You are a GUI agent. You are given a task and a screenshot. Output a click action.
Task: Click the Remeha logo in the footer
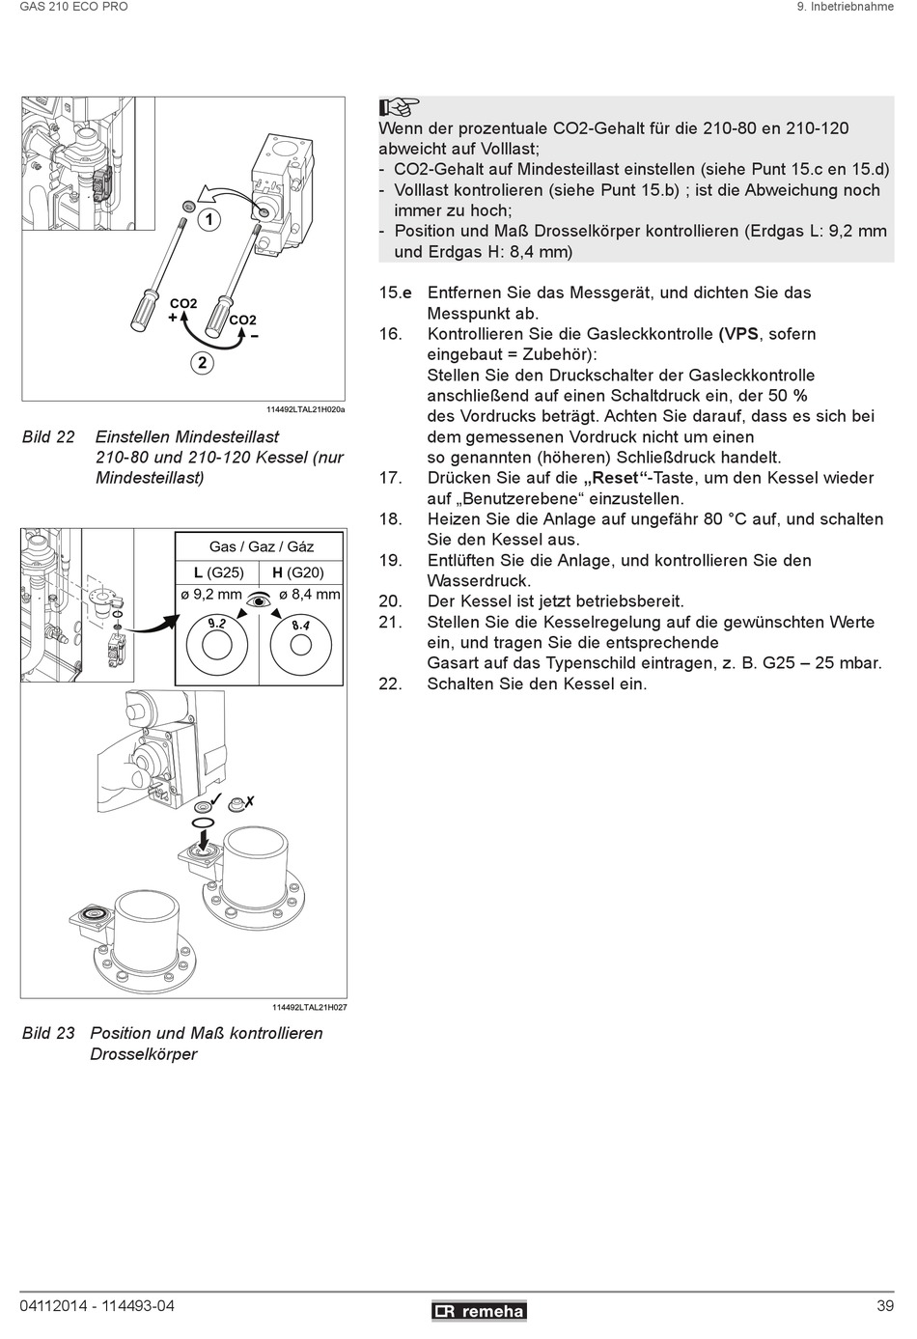(479, 1310)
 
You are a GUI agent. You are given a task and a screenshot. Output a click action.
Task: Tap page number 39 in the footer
(885, 1306)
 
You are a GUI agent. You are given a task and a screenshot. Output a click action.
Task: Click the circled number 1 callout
(208, 220)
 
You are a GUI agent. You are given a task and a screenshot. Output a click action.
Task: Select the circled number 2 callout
(202, 363)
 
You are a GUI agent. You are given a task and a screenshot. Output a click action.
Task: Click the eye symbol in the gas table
(259, 600)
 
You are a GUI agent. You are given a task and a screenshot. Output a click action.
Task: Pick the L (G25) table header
(219, 572)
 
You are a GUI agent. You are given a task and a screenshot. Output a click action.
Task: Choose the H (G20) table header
(298, 572)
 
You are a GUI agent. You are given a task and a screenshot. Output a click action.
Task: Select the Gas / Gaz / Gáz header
(261, 546)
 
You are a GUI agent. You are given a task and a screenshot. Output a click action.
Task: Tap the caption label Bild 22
(48, 436)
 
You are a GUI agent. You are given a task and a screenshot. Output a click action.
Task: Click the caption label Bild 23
(48, 1032)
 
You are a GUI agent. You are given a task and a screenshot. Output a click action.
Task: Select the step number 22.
(390, 683)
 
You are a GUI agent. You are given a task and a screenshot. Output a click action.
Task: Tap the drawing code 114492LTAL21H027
(309, 1007)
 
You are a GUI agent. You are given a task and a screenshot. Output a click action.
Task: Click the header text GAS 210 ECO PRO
(74, 7)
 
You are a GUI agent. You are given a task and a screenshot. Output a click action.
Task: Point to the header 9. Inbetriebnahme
(845, 7)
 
